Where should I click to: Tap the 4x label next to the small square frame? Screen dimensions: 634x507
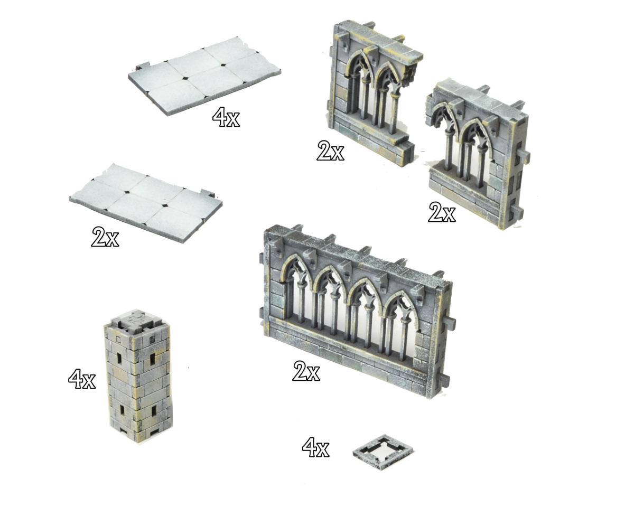pos(315,447)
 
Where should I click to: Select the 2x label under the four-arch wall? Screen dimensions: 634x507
pos(306,371)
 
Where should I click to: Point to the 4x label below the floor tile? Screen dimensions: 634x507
pos(226,117)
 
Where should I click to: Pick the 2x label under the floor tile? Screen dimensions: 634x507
pos(105,237)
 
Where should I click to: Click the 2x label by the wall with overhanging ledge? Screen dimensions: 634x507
pos(330,151)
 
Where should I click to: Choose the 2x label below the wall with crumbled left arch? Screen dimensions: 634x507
pos(442,212)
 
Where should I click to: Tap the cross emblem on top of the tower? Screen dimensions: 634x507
pos(136,319)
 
